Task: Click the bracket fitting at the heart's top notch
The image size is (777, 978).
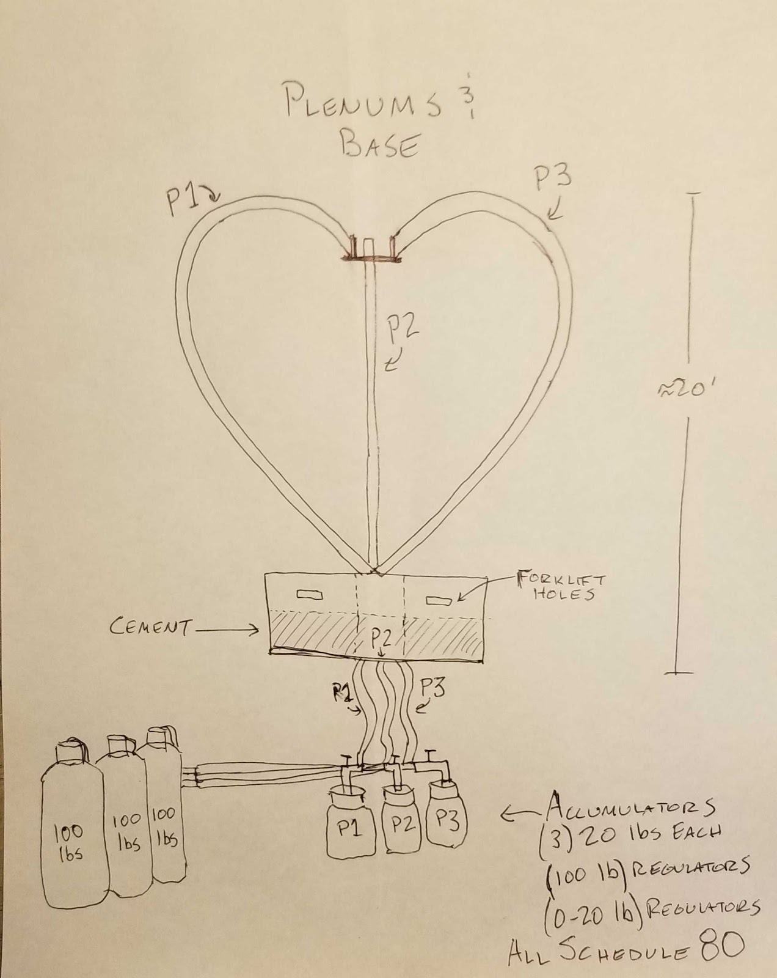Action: click(x=371, y=252)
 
